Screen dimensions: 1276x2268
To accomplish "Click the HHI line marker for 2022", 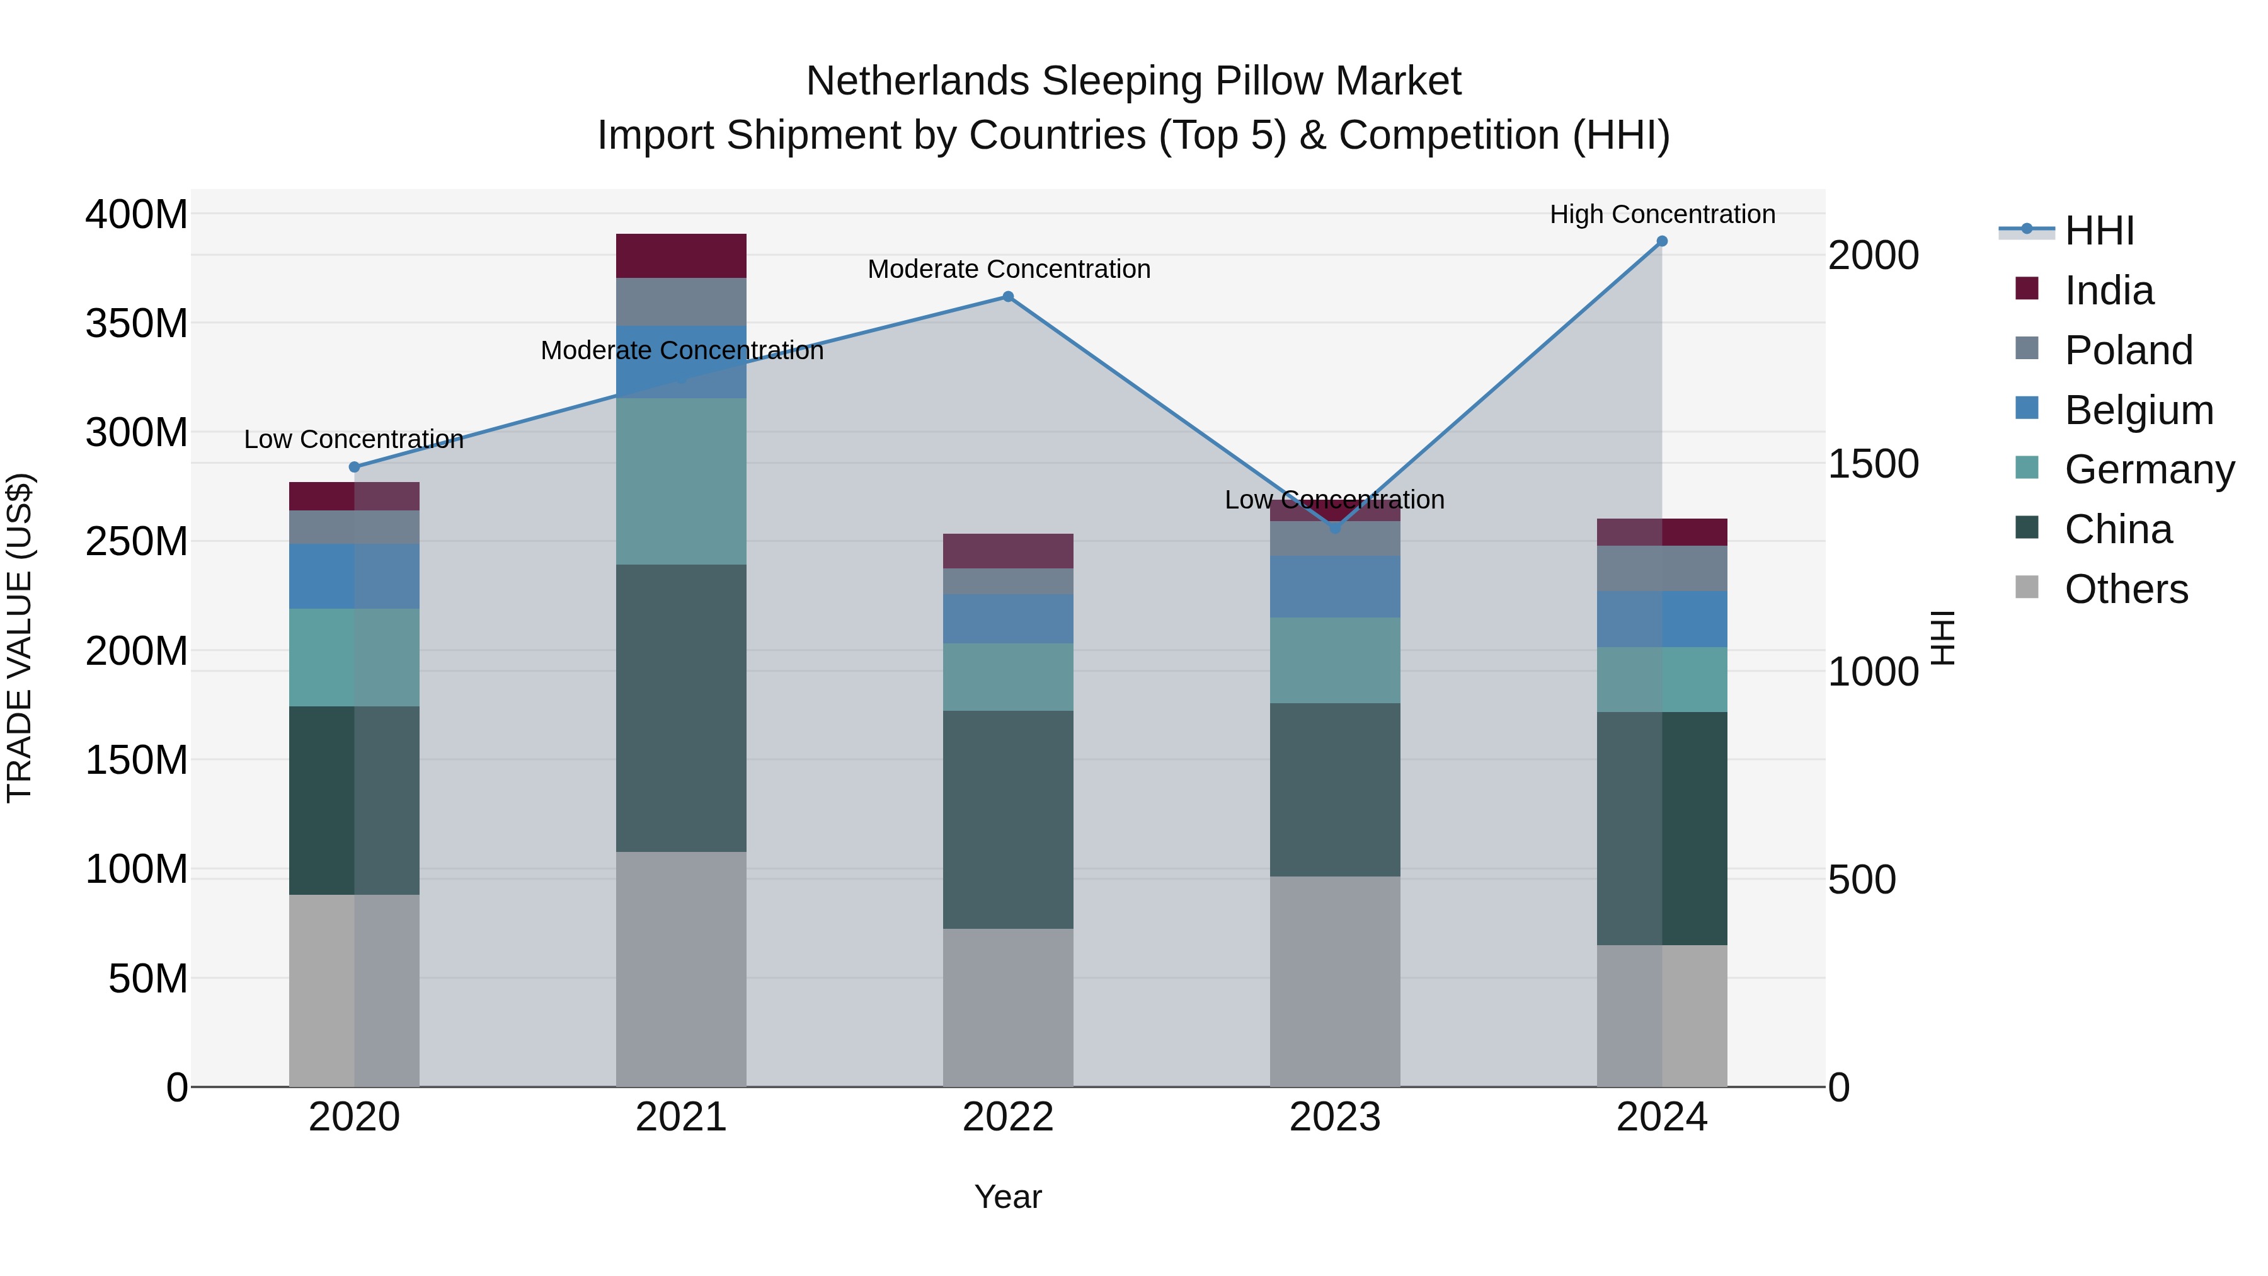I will [x=1008, y=297].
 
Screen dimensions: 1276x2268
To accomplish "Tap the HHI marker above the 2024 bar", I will [x=1661, y=241].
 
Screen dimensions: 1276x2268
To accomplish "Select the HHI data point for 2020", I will [x=355, y=467].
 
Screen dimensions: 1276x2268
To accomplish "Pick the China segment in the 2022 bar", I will [x=1008, y=819].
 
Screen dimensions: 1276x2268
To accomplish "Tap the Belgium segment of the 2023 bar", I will [x=1335, y=587].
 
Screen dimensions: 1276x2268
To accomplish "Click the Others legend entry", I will [x=2126, y=589].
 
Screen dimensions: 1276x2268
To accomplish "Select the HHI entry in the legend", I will [x=2099, y=231].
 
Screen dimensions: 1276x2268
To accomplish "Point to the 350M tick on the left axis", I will [x=137, y=323].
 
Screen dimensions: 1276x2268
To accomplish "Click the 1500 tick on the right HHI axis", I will [x=1873, y=464].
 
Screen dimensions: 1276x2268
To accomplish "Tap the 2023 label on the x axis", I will [x=1335, y=1117].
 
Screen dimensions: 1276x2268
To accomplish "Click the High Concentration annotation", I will [x=1661, y=214].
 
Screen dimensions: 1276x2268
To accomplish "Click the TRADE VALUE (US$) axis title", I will [x=20, y=638].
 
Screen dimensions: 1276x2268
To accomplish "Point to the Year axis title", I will [x=1008, y=1197].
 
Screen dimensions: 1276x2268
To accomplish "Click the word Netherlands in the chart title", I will [x=919, y=81].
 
